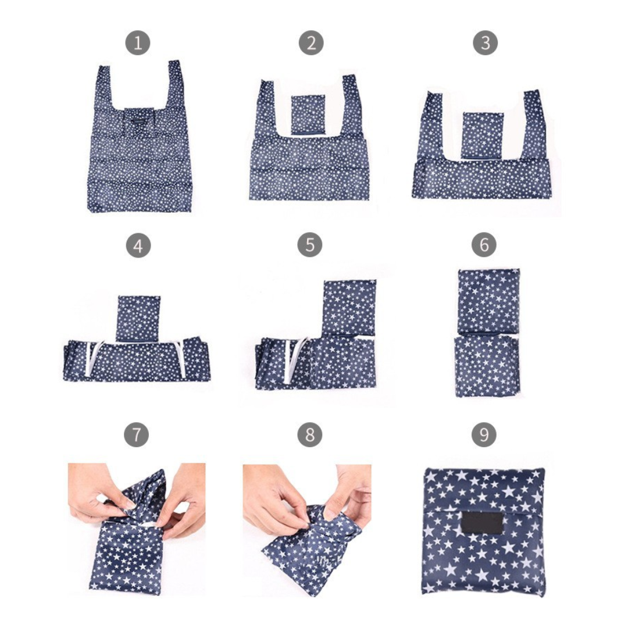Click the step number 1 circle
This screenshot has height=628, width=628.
(138, 43)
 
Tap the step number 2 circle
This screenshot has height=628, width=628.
(311, 43)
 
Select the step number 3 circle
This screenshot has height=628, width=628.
(485, 43)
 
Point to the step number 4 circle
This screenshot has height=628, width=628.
(138, 245)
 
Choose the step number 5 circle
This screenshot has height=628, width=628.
(310, 245)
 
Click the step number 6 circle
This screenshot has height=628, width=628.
(484, 245)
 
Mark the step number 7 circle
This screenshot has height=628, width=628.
(136, 435)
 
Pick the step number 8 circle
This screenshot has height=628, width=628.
(310, 435)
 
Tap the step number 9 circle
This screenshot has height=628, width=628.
(484, 435)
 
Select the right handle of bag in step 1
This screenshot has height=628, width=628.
(176, 86)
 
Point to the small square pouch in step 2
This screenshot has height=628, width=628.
(309, 115)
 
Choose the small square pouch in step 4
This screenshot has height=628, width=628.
(138, 319)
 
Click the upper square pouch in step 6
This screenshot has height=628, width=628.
(488, 302)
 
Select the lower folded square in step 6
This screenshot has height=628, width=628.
(487, 366)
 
